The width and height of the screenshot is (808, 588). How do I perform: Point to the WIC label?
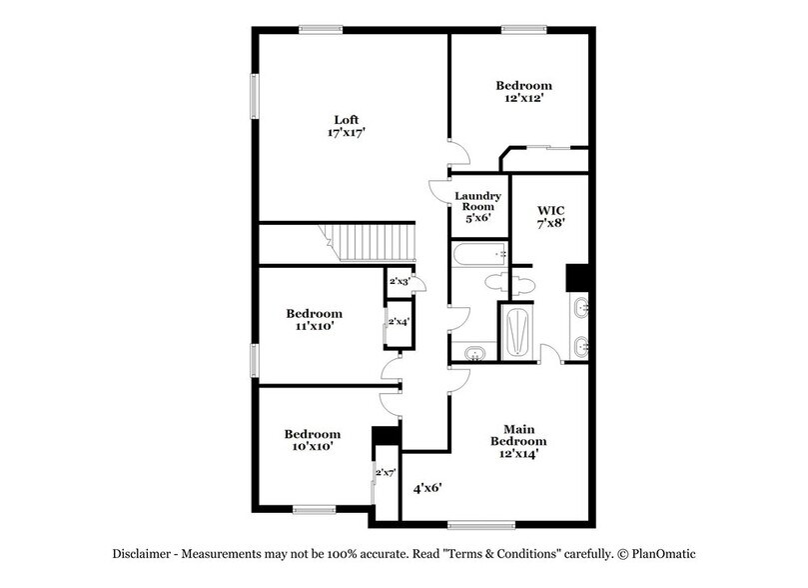point(551,210)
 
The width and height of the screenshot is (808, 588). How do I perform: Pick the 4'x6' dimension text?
point(427,488)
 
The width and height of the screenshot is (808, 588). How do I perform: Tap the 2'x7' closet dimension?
point(386,471)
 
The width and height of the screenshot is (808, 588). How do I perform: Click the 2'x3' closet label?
point(399,283)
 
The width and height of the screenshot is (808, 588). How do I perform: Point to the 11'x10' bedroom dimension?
point(314,326)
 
